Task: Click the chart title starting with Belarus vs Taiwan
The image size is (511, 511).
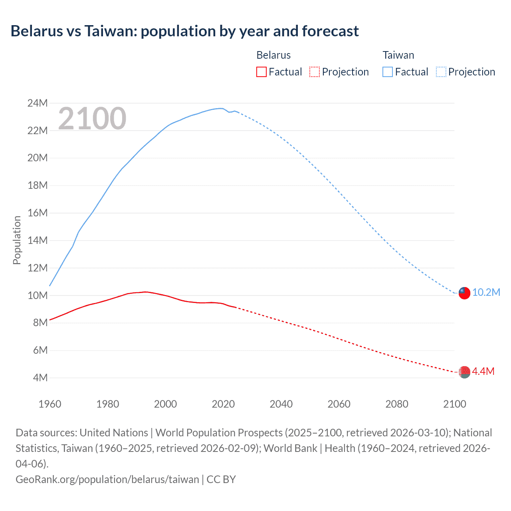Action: tap(184, 31)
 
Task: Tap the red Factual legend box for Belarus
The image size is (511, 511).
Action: tap(261, 72)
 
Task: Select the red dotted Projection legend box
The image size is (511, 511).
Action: tap(315, 72)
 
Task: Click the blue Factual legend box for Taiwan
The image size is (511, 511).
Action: tap(387, 72)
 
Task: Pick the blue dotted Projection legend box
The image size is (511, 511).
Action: tap(441, 72)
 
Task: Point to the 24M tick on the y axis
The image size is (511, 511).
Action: tap(37, 103)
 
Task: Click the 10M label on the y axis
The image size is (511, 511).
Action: tap(37, 295)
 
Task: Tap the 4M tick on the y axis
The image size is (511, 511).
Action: tap(40, 378)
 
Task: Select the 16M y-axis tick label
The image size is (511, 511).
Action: tap(37, 213)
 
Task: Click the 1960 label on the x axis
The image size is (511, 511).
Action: tap(50, 404)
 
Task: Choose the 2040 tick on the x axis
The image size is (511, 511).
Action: tap(281, 404)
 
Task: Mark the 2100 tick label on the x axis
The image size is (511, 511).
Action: tap(454, 404)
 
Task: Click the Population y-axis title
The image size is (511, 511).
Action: tap(17, 240)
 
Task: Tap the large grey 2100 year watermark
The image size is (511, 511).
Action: tap(92, 119)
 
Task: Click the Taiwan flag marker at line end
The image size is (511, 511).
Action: tap(464, 293)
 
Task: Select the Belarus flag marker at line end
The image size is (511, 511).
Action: tap(464, 372)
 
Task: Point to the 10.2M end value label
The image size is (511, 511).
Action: tap(486, 293)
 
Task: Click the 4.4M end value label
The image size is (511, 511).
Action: tap(483, 372)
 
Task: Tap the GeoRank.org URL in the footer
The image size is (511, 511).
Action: tap(107, 479)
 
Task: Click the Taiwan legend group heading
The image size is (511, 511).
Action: tap(398, 55)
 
